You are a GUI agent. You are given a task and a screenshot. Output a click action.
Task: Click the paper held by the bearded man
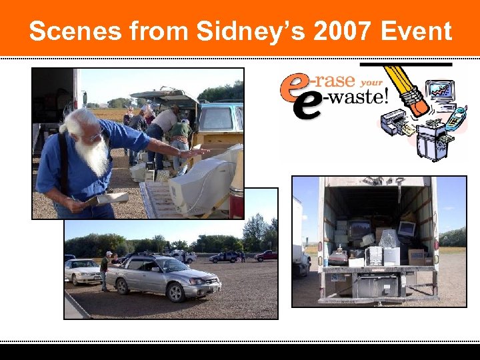112,198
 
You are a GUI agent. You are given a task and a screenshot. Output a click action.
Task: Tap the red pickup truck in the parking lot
266,255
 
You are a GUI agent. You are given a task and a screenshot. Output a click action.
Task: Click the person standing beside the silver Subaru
105,271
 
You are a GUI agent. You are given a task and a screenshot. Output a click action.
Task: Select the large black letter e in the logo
307,107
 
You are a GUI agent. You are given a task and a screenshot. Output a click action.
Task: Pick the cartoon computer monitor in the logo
442,90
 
